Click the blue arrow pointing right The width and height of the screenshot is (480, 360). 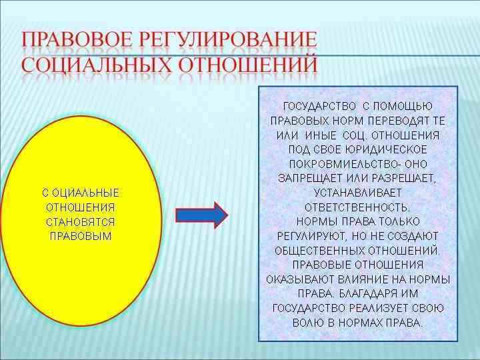201,215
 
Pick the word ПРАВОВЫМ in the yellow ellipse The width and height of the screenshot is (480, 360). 81,237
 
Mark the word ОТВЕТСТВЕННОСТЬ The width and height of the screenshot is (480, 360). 357,207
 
